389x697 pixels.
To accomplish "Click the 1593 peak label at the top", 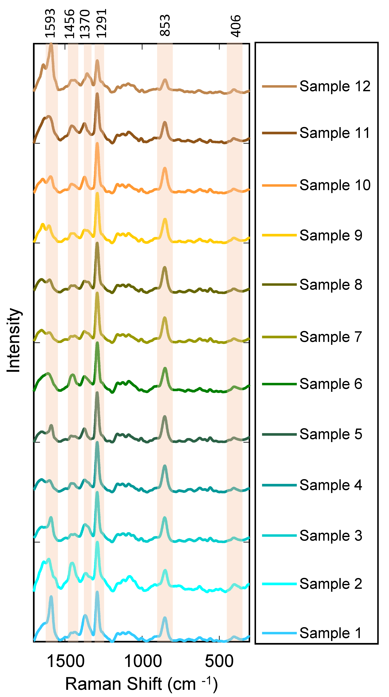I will click(x=50, y=23).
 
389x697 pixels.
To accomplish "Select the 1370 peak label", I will click(x=85, y=24).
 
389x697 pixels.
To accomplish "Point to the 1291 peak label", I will click(x=102, y=23).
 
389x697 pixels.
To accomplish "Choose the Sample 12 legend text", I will click(x=335, y=86).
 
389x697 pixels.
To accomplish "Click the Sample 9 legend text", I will click(x=331, y=235).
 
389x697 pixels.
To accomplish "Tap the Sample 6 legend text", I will click(x=331, y=384).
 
